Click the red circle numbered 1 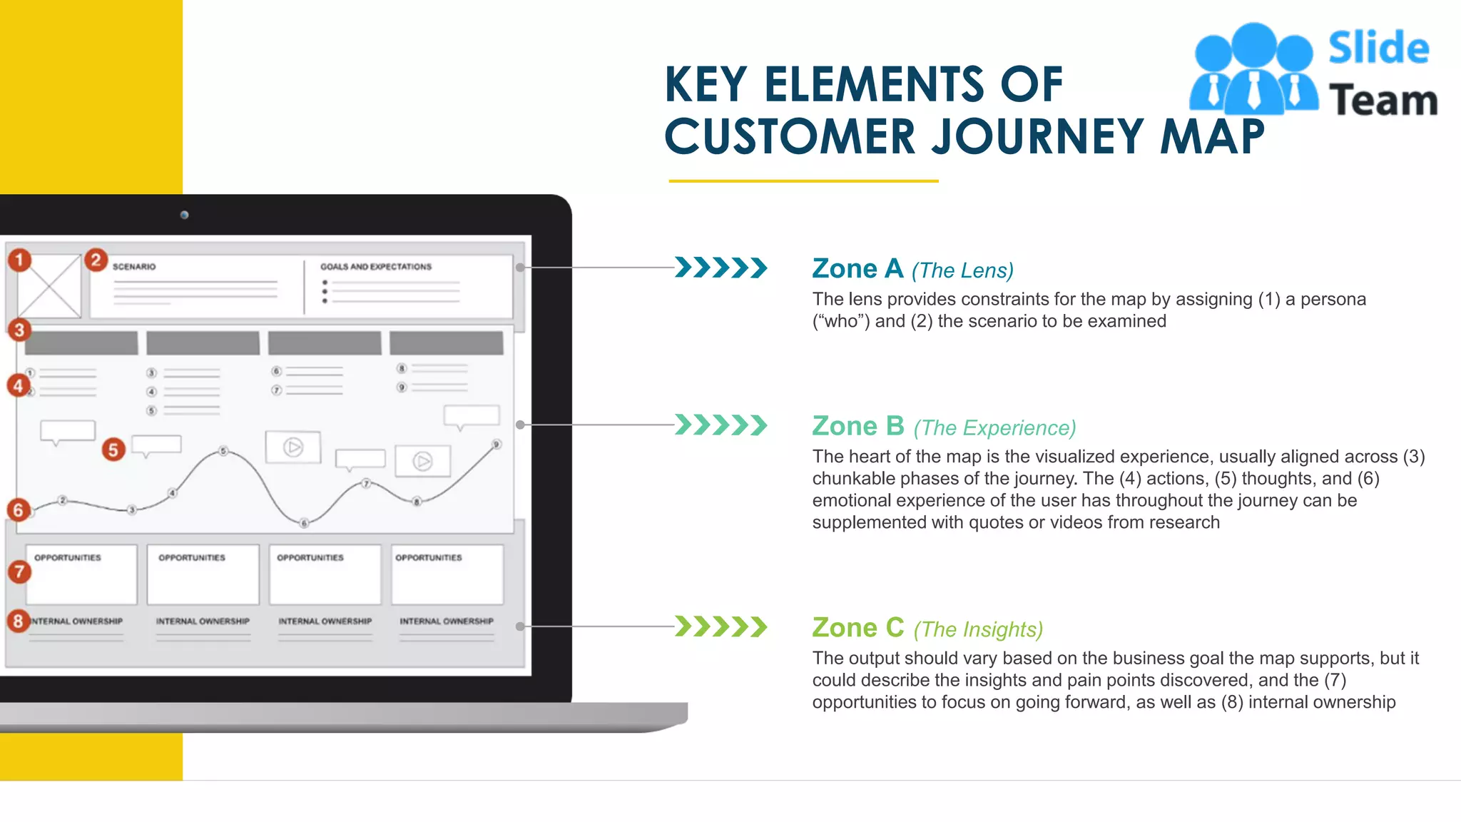pos(20,260)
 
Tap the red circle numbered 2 pos(96,260)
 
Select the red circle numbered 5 pos(113,450)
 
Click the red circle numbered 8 pos(19,621)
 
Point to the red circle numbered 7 pos(19,572)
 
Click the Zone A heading pos(857,269)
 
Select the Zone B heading pos(858,426)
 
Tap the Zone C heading pos(858,628)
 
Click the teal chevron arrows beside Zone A pos(721,268)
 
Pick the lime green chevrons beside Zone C pos(721,626)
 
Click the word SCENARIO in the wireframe pos(134,267)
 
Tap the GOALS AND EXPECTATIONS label pos(376,267)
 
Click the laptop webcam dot pos(184,215)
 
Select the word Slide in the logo pos(1378,49)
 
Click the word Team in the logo pos(1383,100)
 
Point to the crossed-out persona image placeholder pos(49,286)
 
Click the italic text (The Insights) pos(978,630)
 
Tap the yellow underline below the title pos(803,181)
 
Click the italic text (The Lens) pos(962,271)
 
